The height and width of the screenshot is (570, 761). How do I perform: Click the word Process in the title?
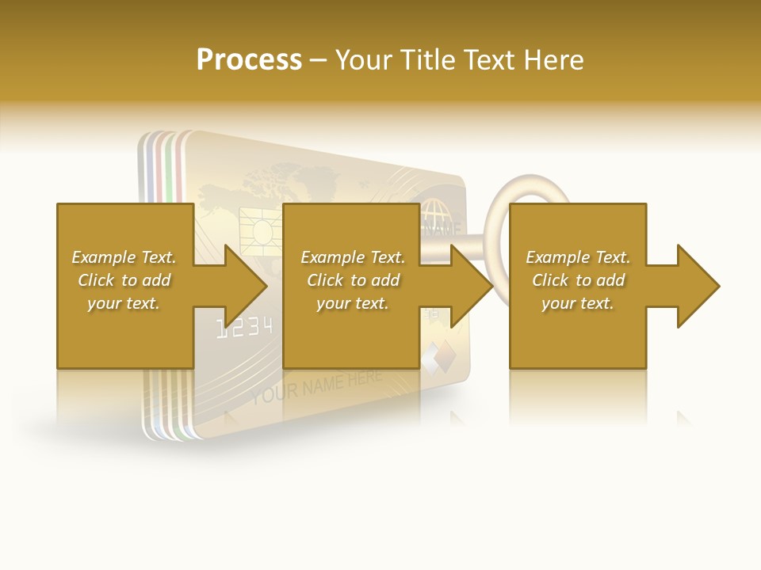[249, 60]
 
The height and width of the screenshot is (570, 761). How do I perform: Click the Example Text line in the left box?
[124, 257]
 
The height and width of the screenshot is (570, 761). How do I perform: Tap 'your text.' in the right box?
[577, 303]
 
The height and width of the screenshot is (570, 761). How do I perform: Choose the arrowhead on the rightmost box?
[698, 286]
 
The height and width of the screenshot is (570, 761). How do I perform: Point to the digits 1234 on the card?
[246, 326]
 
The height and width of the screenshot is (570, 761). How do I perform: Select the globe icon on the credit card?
[433, 213]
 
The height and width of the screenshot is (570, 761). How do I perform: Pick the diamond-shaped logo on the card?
[438, 356]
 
